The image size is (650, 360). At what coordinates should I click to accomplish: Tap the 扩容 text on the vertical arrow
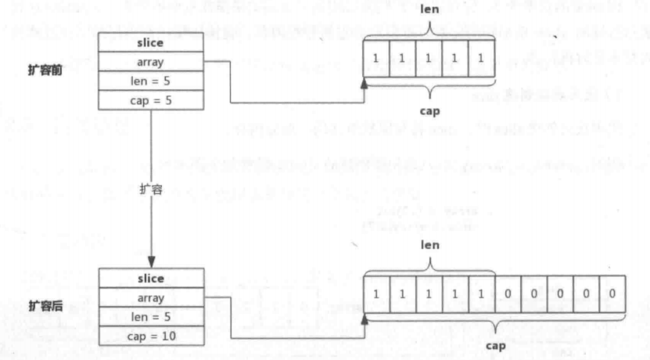point(150,189)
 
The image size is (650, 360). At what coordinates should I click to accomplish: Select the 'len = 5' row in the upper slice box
point(150,81)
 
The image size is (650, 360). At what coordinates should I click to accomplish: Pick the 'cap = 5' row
point(150,101)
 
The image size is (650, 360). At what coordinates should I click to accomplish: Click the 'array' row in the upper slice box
point(150,62)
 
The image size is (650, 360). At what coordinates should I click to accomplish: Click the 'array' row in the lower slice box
point(150,297)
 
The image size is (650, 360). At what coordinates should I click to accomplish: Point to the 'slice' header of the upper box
point(150,43)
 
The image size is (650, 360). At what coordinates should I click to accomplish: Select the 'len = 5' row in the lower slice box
point(150,317)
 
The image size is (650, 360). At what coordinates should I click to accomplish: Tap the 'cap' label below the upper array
point(429,110)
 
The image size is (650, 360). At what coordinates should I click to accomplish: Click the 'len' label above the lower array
point(430,245)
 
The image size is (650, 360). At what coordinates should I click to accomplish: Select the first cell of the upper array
point(377,59)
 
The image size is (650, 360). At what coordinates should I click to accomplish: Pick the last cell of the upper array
point(482,59)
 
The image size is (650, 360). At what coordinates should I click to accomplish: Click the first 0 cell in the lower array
point(508,293)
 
